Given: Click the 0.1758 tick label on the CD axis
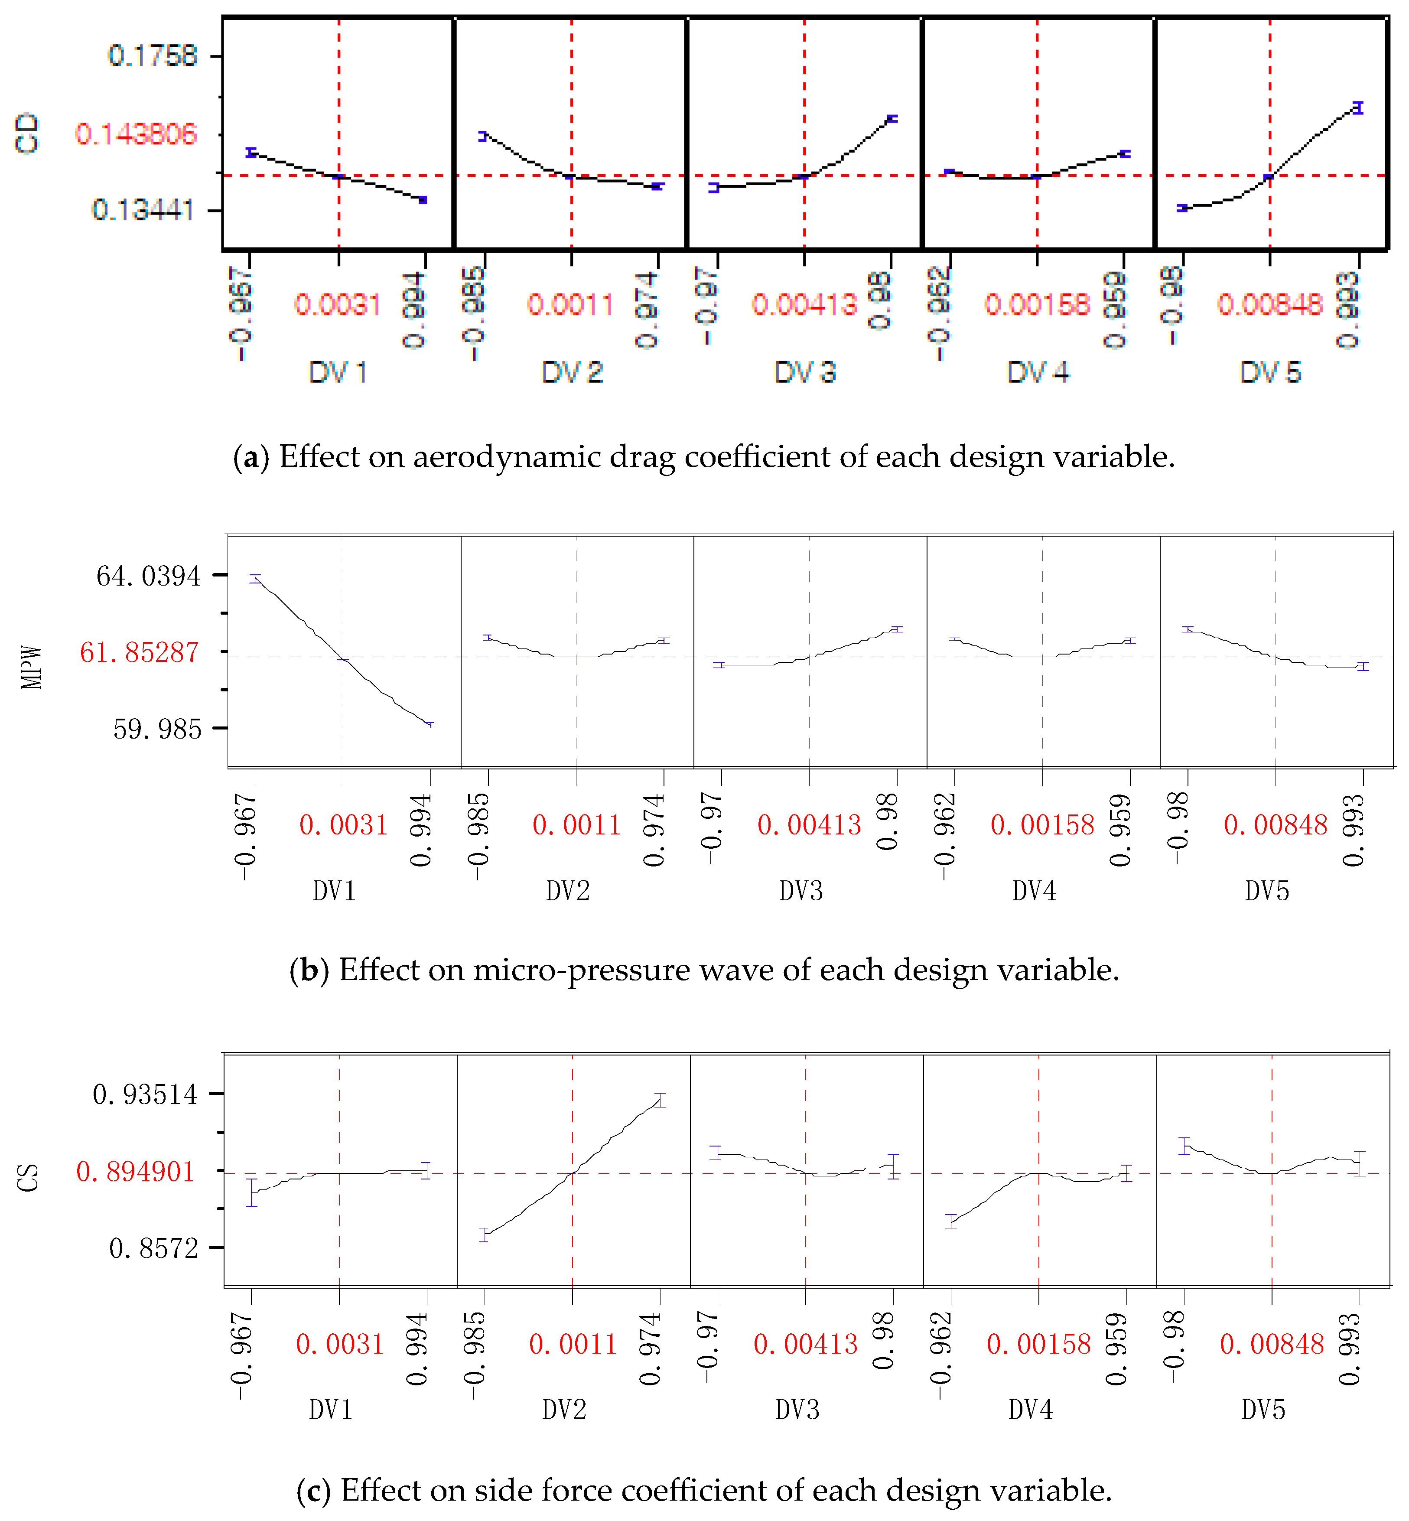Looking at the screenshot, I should click(153, 55).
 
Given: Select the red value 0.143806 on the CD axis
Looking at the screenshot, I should click(136, 134).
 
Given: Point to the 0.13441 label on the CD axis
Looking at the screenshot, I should click(143, 210).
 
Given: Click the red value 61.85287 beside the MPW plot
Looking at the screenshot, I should click(140, 653).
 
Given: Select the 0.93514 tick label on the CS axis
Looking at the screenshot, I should click(145, 1095).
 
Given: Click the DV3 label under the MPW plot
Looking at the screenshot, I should click(800, 890).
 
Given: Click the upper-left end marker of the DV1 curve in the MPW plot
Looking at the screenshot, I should click(255, 579).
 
